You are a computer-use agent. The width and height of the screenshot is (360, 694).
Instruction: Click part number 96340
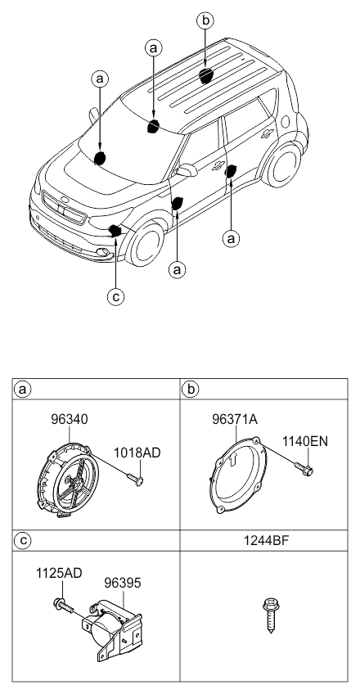click(69, 419)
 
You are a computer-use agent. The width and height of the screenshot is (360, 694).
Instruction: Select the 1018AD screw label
click(137, 453)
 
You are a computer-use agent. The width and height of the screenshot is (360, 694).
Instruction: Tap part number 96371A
click(234, 419)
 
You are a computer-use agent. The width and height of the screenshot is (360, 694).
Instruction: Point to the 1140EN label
click(305, 441)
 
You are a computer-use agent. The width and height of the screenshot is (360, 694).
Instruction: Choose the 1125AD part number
click(59, 573)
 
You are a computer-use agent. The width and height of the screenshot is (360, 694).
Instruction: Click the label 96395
click(123, 583)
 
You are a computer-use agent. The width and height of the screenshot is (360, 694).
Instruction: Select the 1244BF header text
click(266, 540)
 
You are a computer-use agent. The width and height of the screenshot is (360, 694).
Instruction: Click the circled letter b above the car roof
click(205, 20)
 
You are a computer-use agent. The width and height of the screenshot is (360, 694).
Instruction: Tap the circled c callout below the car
click(116, 296)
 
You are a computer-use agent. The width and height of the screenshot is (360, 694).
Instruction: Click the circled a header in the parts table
click(23, 390)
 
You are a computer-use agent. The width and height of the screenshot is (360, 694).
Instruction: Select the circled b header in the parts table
click(191, 389)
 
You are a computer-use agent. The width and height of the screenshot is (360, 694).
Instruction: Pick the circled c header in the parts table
click(23, 540)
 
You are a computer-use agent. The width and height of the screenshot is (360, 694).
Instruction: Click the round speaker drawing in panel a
click(68, 480)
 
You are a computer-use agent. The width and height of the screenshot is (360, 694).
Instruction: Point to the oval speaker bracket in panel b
click(239, 475)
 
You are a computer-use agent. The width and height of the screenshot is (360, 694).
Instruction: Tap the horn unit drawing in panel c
click(112, 630)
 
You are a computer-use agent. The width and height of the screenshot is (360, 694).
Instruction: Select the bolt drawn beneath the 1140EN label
click(304, 469)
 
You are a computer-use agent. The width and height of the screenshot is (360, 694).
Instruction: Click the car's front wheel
click(145, 244)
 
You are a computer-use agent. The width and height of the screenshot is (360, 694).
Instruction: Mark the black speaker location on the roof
click(205, 75)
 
